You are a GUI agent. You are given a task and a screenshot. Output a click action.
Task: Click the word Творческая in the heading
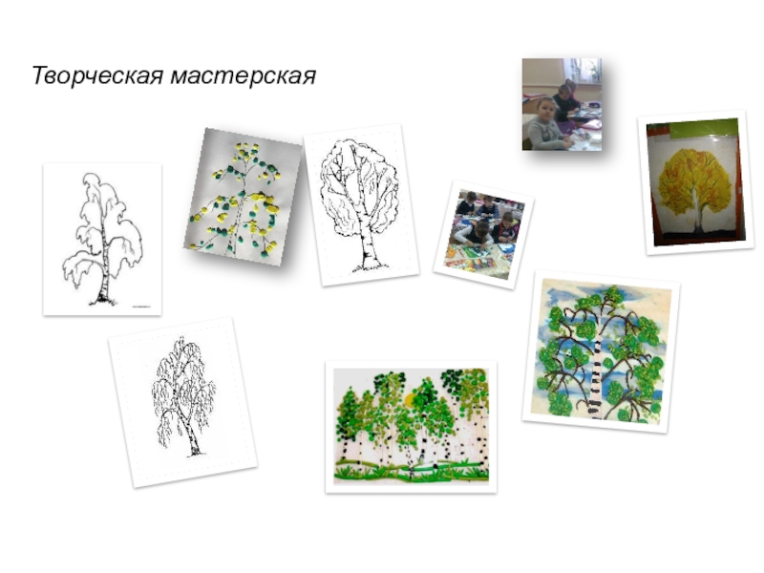pos(96,76)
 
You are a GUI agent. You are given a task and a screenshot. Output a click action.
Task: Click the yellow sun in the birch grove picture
pos(410,400)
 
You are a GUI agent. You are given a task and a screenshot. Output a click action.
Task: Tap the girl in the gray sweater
pos(546,124)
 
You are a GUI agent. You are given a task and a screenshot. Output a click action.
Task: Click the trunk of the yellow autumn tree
pos(697,214)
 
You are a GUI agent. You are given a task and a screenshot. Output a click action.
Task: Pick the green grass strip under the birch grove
pos(411,473)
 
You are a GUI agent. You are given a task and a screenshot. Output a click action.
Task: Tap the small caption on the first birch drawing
pos(140,307)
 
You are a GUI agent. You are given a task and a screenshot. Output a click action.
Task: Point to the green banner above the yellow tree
pos(703,128)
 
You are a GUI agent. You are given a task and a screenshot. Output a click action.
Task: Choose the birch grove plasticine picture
pos(411,426)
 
